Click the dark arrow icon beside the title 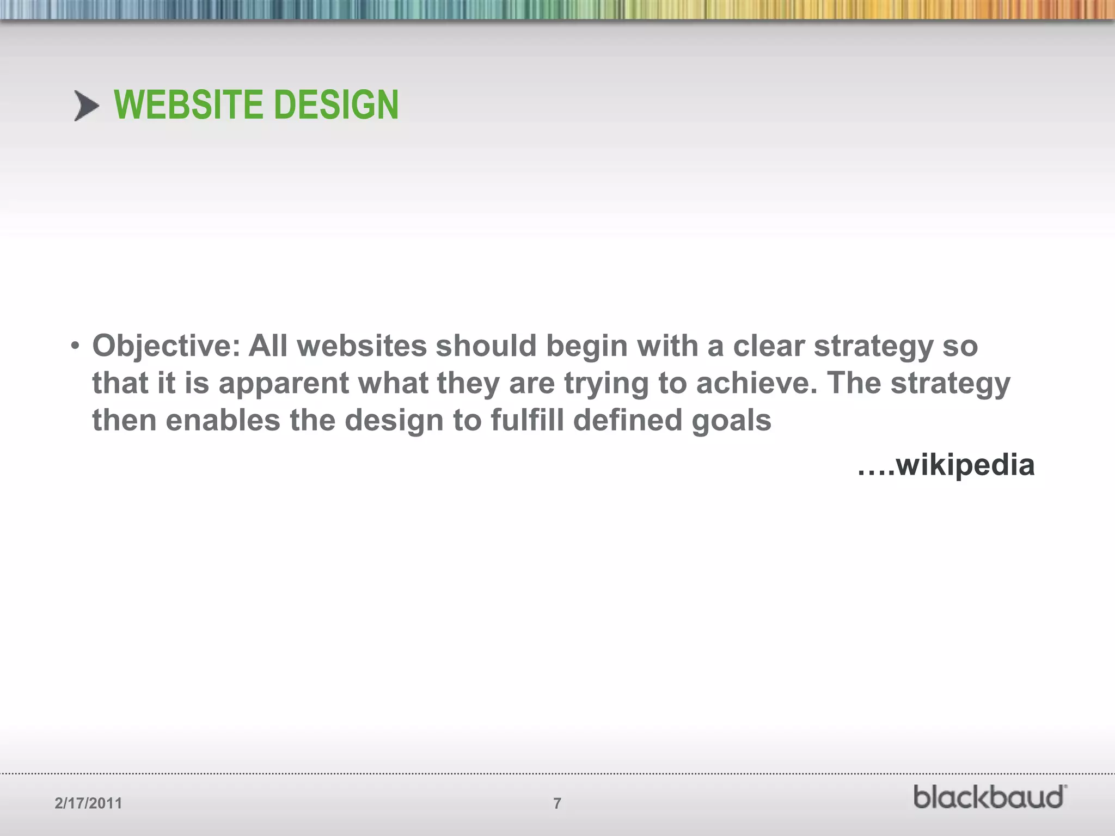tap(87, 106)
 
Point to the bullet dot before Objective tap(75, 346)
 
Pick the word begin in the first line tap(586, 347)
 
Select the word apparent tap(283, 384)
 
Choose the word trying tap(606, 384)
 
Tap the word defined tap(627, 421)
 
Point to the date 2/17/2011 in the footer tap(88, 803)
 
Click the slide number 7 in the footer tap(557, 803)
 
